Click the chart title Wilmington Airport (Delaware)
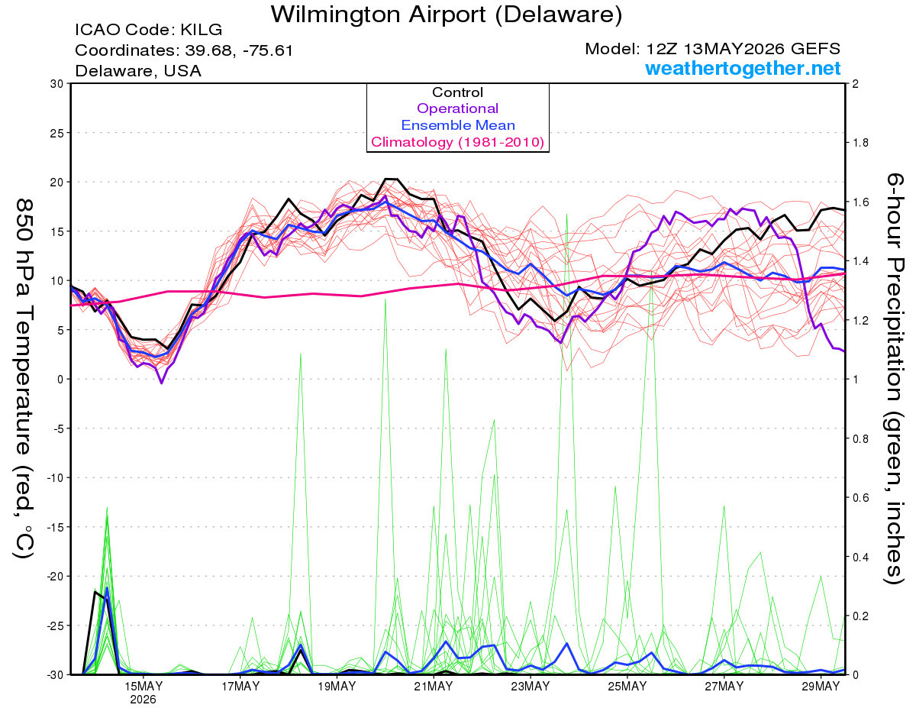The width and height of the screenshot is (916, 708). (x=446, y=15)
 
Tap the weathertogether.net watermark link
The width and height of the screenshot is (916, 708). (x=743, y=69)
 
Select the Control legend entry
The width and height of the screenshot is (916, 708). (x=458, y=92)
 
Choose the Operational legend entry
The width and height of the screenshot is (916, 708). (x=458, y=108)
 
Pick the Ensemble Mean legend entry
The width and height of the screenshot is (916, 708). (x=458, y=125)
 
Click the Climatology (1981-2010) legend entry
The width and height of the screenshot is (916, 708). (x=458, y=142)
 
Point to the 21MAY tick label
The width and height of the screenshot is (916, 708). (x=434, y=687)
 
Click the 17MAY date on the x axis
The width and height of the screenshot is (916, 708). (x=240, y=687)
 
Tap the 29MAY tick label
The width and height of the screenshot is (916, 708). (x=821, y=687)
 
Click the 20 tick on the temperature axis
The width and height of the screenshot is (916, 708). (x=56, y=183)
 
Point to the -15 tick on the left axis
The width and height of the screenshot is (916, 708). (x=54, y=527)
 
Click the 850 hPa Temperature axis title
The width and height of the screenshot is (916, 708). (x=24, y=379)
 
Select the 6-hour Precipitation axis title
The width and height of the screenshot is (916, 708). (x=894, y=379)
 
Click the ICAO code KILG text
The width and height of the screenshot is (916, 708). (x=148, y=30)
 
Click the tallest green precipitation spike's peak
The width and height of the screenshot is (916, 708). (x=566, y=214)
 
